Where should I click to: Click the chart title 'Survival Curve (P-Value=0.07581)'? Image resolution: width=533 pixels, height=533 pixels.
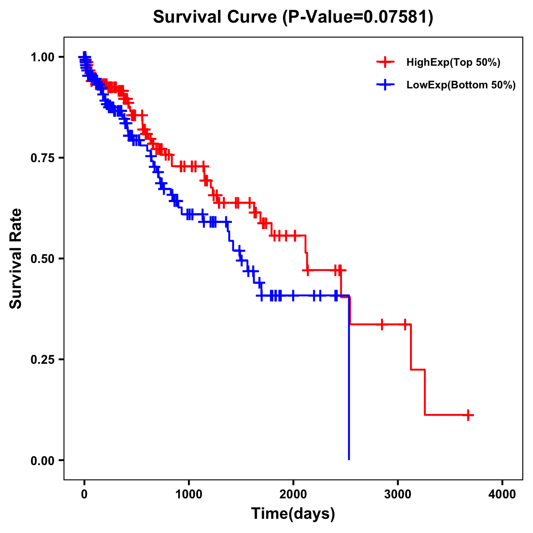(293, 17)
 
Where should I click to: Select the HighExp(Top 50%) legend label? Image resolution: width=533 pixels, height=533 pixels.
(453, 63)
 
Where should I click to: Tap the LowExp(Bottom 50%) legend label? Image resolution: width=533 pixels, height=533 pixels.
(461, 85)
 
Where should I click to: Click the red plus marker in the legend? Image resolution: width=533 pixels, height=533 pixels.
(385, 62)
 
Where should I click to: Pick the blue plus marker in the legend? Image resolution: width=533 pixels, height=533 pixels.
(385, 85)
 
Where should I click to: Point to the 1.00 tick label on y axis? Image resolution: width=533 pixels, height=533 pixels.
(42, 57)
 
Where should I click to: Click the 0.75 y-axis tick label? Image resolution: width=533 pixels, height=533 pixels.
(42, 158)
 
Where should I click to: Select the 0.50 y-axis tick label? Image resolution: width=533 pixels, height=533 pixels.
(42, 259)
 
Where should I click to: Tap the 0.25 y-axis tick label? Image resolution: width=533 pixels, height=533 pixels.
(42, 360)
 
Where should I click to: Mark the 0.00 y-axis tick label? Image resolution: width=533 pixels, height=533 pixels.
(42, 461)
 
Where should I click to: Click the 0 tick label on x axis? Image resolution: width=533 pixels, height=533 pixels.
(84, 495)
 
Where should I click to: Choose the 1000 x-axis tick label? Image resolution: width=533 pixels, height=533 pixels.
(189, 495)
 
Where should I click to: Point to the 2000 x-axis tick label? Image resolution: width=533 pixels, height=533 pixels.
(293, 495)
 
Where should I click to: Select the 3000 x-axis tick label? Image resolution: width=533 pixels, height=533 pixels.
(398, 495)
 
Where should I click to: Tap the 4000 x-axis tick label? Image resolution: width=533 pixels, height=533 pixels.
(502, 495)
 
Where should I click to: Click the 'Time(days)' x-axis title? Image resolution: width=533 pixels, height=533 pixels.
(293, 514)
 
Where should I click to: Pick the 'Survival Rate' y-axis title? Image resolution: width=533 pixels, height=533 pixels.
(16, 258)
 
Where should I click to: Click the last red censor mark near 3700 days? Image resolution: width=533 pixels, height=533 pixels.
(468, 415)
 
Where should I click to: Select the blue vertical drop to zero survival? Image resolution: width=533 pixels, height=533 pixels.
(349, 378)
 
